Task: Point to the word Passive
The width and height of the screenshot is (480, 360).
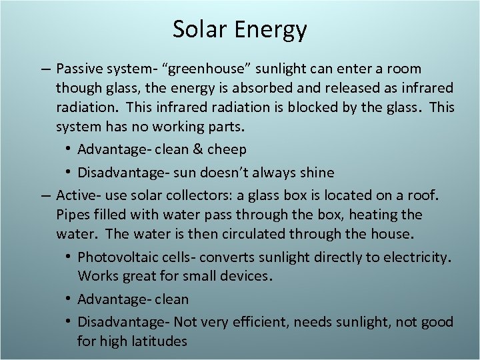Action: coord(79,69)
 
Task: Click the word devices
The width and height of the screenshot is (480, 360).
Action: coord(244,276)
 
